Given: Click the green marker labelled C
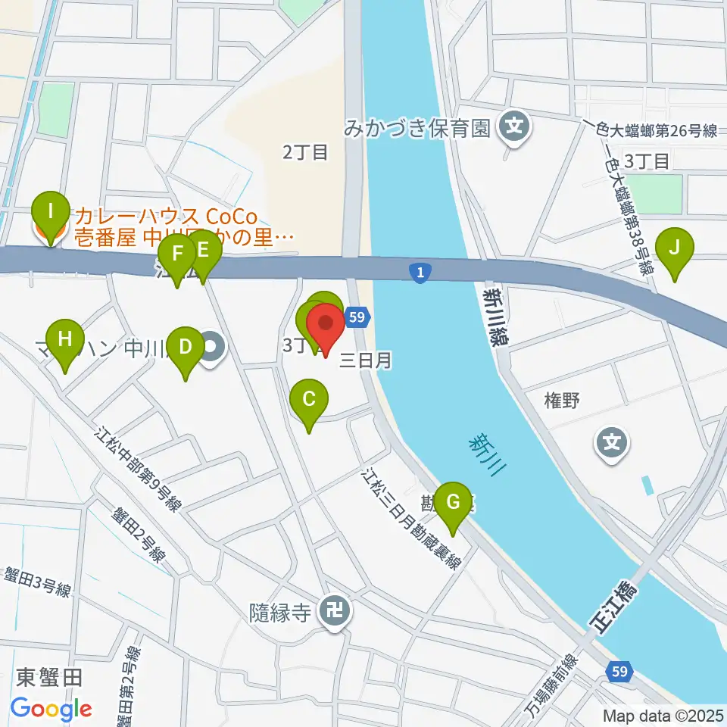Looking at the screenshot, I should [309, 399].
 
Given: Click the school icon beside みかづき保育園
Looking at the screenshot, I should [516, 125].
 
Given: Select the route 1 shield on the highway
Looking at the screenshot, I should [420, 273].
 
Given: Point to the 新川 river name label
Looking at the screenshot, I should [484, 454].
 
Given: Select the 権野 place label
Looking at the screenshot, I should [561, 401].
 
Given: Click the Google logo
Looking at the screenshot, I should [51, 709].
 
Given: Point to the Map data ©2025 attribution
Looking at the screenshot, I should [663, 715].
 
